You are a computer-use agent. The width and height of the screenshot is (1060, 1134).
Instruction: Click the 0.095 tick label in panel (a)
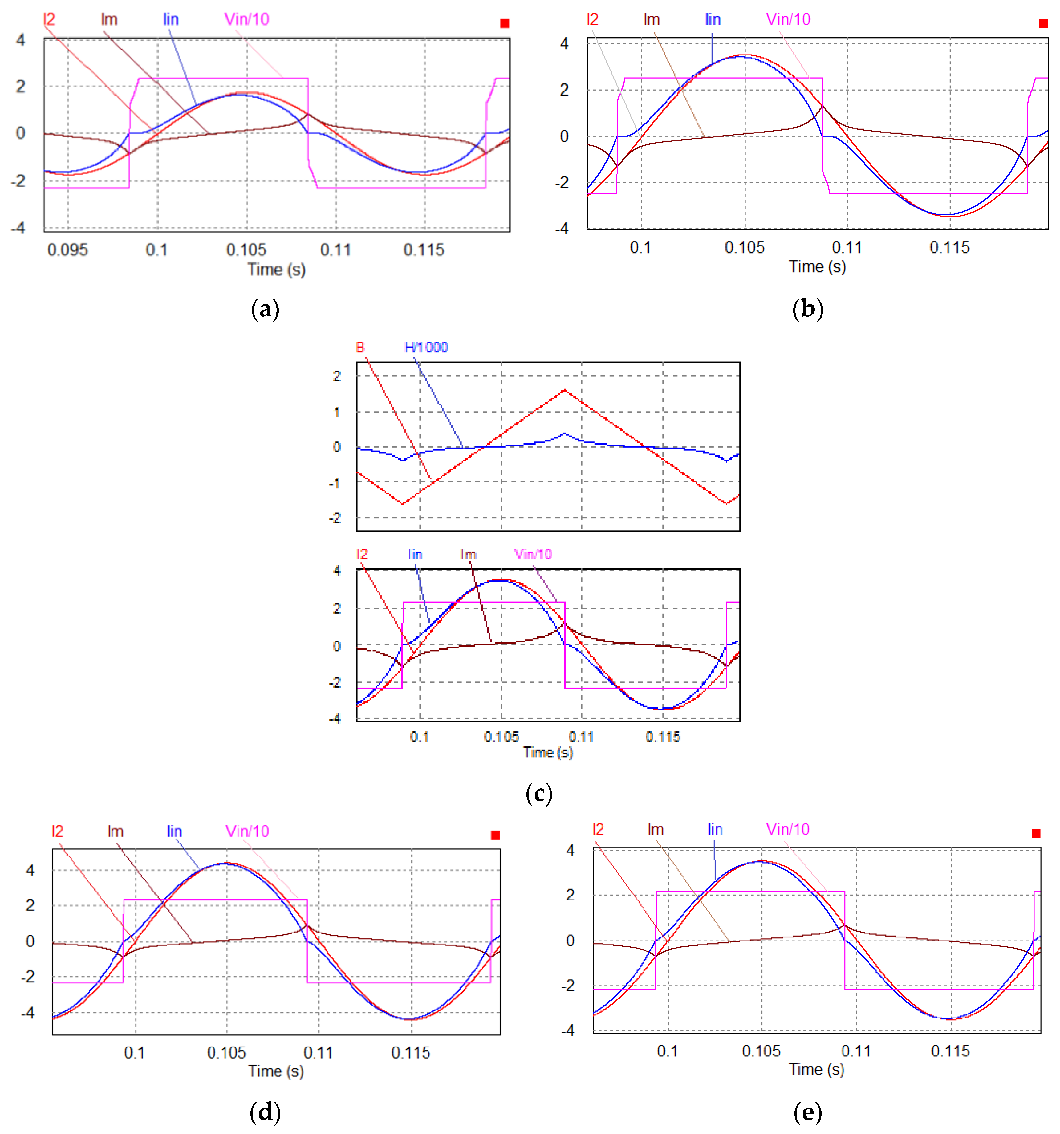[x=67, y=250]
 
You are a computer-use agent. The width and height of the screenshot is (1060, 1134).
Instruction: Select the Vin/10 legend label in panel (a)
[x=246, y=19]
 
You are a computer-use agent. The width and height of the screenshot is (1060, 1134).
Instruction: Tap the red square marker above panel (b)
[x=1043, y=23]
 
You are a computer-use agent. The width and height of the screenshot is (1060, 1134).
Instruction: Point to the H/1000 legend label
[x=426, y=348]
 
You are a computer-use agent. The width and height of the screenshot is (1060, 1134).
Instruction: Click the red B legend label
[x=360, y=348]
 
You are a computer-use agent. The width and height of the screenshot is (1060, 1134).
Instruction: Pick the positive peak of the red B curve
[x=565, y=390]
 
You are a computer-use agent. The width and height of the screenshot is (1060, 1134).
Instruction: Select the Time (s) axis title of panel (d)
[x=276, y=1071]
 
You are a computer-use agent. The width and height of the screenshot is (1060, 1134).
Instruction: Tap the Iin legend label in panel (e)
[x=715, y=829]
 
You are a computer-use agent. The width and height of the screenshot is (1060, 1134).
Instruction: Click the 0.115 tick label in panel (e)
[x=950, y=1051]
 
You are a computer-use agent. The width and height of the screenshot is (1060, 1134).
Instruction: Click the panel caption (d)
[x=265, y=1112]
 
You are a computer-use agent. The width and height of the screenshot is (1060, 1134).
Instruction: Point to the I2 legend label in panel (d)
[x=58, y=831]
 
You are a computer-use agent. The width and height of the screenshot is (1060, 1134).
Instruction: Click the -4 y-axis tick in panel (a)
[x=19, y=228]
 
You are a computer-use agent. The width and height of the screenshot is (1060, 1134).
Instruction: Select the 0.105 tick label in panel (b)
[x=744, y=248]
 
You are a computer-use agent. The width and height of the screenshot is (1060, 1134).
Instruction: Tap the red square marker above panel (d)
[x=495, y=835]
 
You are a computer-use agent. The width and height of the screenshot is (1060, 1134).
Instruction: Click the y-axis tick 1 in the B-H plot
[x=337, y=412]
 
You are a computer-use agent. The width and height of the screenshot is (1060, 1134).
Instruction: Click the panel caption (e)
[x=808, y=1112]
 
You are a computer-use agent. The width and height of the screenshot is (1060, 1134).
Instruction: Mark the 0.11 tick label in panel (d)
[x=318, y=1052]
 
